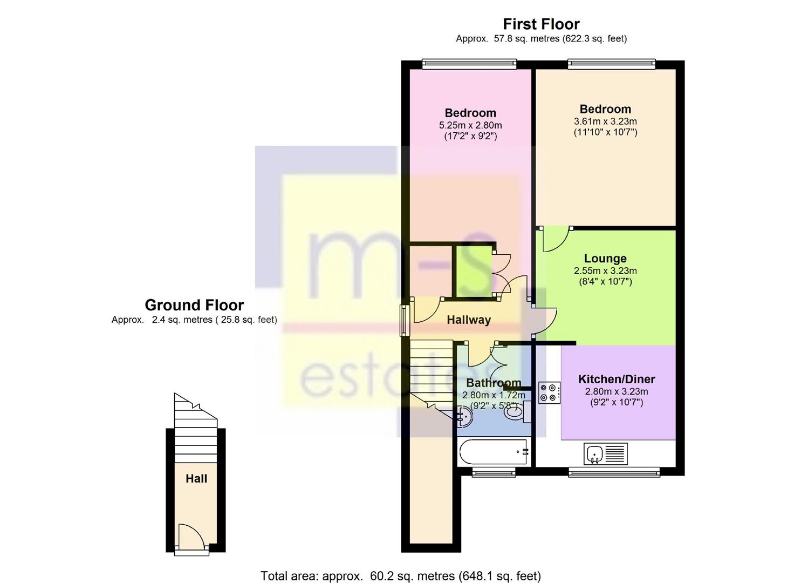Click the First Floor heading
[541, 24]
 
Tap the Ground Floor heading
[194, 305]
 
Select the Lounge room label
[605, 259]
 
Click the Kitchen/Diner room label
[617, 379]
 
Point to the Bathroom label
[494, 383]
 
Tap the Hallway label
[469, 320]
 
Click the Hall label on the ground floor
[196, 479]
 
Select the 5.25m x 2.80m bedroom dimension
[470, 125]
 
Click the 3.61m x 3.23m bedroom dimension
[605, 121]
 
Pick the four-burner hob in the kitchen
[549, 392]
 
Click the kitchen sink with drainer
[606, 454]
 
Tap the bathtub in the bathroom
[493, 452]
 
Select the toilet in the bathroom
[515, 413]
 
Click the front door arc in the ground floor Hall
[191, 537]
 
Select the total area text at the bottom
[400, 576]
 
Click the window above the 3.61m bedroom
[612, 64]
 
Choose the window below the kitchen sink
[614, 473]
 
